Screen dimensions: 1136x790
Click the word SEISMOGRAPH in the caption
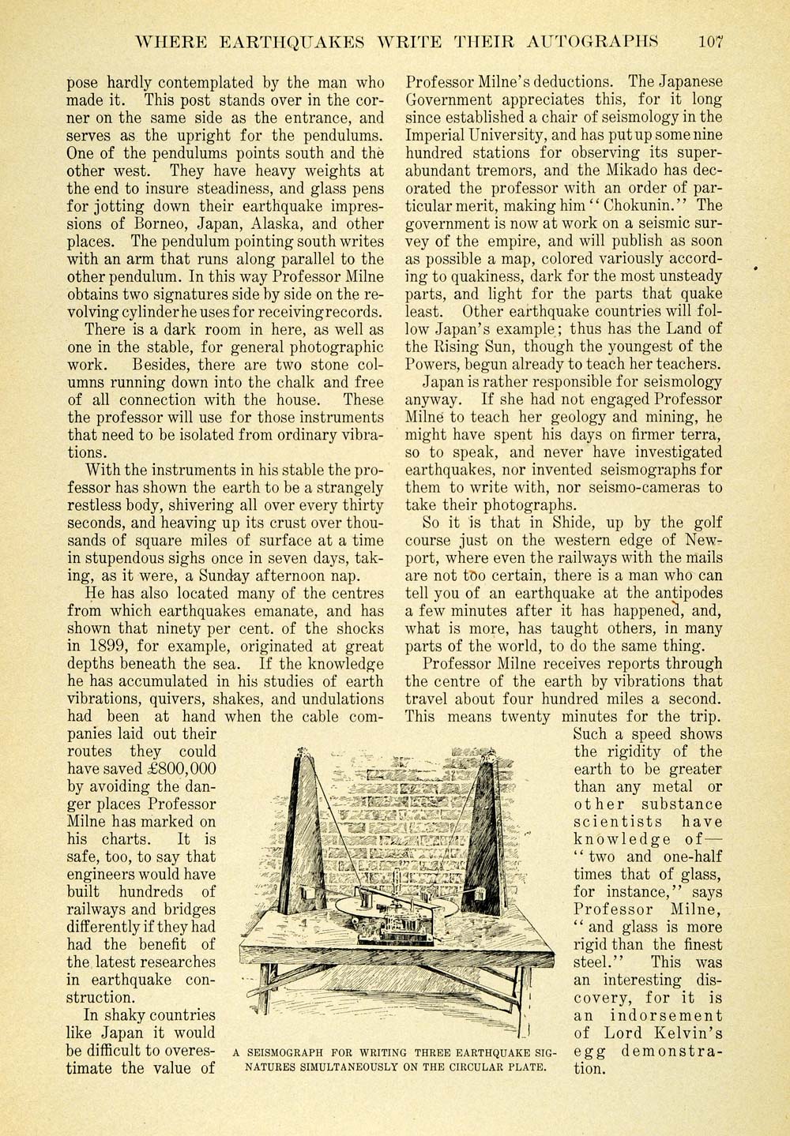(292, 1052)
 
